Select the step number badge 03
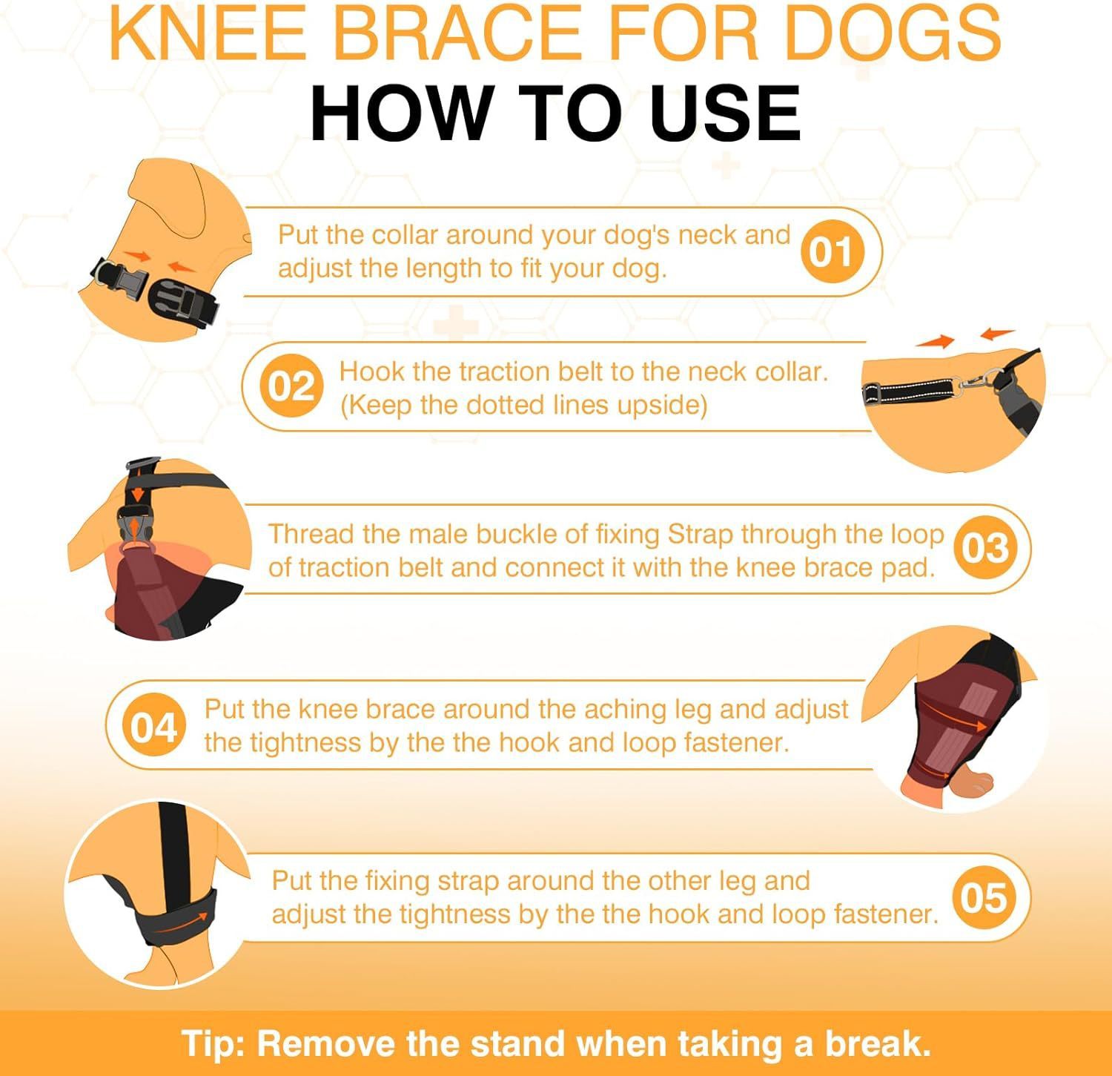[985, 547]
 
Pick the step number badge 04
[153, 727]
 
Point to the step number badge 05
[984, 897]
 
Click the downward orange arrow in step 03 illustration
[137, 492]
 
